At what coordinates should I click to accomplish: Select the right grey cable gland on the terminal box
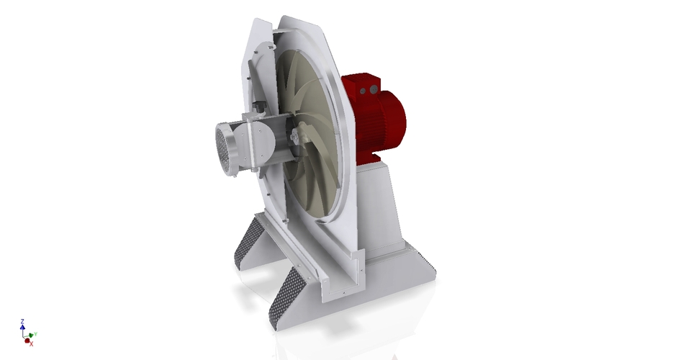click(374, 89)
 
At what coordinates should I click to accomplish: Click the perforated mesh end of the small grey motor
click(225, 147)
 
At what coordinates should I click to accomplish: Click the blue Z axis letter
click(23, 322)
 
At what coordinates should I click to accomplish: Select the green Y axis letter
click(35, 334)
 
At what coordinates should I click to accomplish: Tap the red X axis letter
click(31, 343)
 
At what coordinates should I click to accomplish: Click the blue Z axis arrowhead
click(23, 328)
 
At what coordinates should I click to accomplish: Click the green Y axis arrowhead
click(31, 335)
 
